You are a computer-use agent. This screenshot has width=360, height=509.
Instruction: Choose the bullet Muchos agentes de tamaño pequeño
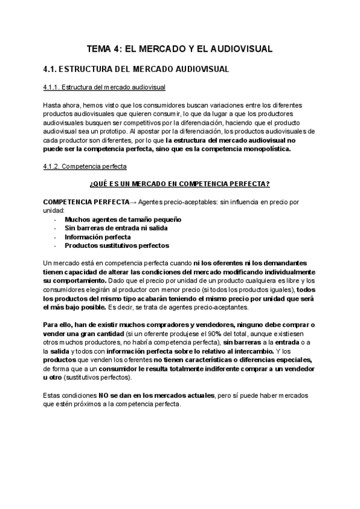click(123, 220)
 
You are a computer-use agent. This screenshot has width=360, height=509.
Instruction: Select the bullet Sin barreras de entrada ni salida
click(116, 228)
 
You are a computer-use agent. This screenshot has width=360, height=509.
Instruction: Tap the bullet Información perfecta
click(98, 236)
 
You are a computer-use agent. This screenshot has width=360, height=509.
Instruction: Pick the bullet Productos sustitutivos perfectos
click(116, 245)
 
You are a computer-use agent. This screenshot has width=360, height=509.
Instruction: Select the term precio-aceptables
click(181, 200)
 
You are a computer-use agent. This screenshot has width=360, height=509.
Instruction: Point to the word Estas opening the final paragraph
click(53, 396)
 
